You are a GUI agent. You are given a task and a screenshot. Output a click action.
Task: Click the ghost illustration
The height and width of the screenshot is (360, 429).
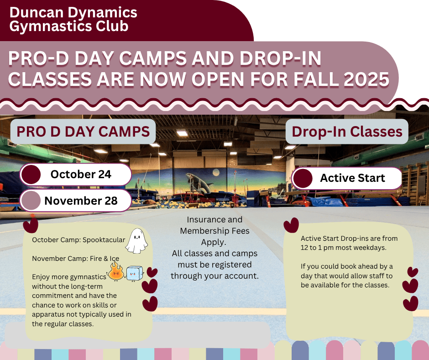[136, 241]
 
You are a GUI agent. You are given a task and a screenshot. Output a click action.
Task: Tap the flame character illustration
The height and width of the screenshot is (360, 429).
[116, 271]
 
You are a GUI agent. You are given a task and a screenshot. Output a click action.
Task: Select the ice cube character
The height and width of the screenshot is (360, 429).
[135, 273]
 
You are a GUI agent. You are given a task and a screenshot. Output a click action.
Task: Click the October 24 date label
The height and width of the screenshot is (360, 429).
[81, 174]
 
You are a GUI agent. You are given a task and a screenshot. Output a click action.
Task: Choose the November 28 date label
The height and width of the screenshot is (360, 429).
[81, 201]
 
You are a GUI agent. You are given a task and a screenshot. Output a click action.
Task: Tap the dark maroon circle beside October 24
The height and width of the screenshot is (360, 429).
[31, 175]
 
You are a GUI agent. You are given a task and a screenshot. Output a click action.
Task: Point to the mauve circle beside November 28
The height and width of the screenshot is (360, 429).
[31, 201]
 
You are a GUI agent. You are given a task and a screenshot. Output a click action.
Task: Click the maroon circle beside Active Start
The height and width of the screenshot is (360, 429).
[303, 178]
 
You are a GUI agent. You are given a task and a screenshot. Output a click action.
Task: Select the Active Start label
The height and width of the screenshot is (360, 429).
[352, 178]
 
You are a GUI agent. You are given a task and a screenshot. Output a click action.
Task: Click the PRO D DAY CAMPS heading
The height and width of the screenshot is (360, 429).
[83, 132]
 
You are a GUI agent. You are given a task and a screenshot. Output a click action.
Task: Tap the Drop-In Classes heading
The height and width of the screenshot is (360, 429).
[347, 132]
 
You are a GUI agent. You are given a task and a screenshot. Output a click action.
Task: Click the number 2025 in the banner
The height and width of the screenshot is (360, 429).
[366, 79]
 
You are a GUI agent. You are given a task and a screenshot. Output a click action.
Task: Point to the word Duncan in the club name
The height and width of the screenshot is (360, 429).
[37, 12]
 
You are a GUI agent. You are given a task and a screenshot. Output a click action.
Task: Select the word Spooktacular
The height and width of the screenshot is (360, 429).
[104, 240]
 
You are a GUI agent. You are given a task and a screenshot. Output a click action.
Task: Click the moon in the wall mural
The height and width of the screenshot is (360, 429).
[216, 172]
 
